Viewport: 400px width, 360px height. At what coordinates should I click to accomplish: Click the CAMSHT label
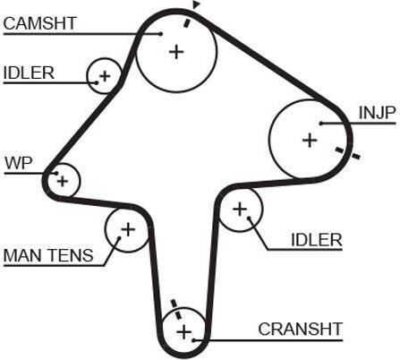40,23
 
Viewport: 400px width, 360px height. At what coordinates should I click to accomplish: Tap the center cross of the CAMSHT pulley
176,52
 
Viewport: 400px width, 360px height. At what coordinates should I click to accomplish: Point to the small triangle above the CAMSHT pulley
196,4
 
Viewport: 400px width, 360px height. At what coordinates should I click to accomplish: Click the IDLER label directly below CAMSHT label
29,73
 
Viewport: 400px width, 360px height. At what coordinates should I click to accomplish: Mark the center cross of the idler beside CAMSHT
105,76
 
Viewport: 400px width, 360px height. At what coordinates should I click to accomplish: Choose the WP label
19,163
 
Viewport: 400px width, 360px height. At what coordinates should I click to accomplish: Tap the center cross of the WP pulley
63,181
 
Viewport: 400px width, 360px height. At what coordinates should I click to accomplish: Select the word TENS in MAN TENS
71,255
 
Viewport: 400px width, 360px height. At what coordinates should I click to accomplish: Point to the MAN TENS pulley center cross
128,229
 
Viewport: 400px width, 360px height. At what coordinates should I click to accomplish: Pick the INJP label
378,113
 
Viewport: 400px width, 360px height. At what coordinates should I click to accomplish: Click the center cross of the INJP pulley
310,140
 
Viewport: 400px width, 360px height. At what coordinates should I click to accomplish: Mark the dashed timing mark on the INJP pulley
347,153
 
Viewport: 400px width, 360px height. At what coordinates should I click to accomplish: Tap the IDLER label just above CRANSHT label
317,240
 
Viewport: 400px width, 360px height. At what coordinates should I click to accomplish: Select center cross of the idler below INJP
240,209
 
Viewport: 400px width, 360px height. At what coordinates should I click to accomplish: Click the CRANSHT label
300,329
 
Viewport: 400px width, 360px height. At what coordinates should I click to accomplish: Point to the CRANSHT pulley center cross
184,332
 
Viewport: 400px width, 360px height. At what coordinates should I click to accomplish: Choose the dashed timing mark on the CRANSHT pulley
176,310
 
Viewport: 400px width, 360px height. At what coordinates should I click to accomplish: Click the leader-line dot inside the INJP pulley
321,123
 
